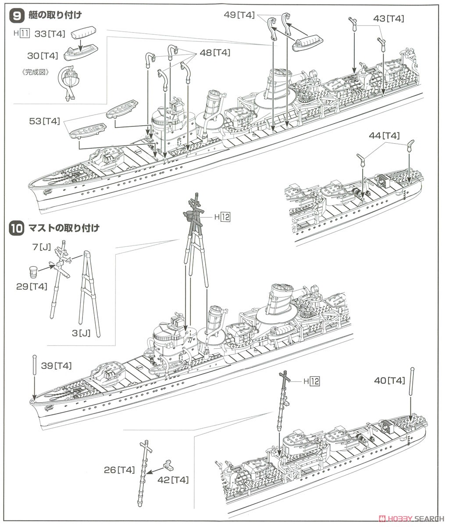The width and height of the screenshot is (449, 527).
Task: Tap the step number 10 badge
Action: pyautogui.click(x=17, y=228)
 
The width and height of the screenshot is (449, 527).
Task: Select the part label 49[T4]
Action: pyautogui.click(x=239, y=14)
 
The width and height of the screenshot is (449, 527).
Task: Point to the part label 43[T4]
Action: pyautogui.click(x=388, y=18)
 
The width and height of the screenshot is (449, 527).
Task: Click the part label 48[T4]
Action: pyautogui.click(x=215, y=53)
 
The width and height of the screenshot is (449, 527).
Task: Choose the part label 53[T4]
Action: pyautogui.click(x=44, y=121)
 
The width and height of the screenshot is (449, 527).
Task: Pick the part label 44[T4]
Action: pyautogui.click(x=384, y=136)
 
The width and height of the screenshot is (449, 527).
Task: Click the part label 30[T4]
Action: pyautogui.click(x=43, y=56)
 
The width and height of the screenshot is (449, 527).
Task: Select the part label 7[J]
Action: pyautogui.click(x=42, y=247)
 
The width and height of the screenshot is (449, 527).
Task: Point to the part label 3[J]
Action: pyautogui.click(x=81, y=333)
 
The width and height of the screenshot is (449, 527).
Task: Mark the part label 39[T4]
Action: pyautogui.click(x=57, y=366)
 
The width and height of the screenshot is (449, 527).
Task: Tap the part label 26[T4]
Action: pyautogui.click(x=119, y=470)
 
